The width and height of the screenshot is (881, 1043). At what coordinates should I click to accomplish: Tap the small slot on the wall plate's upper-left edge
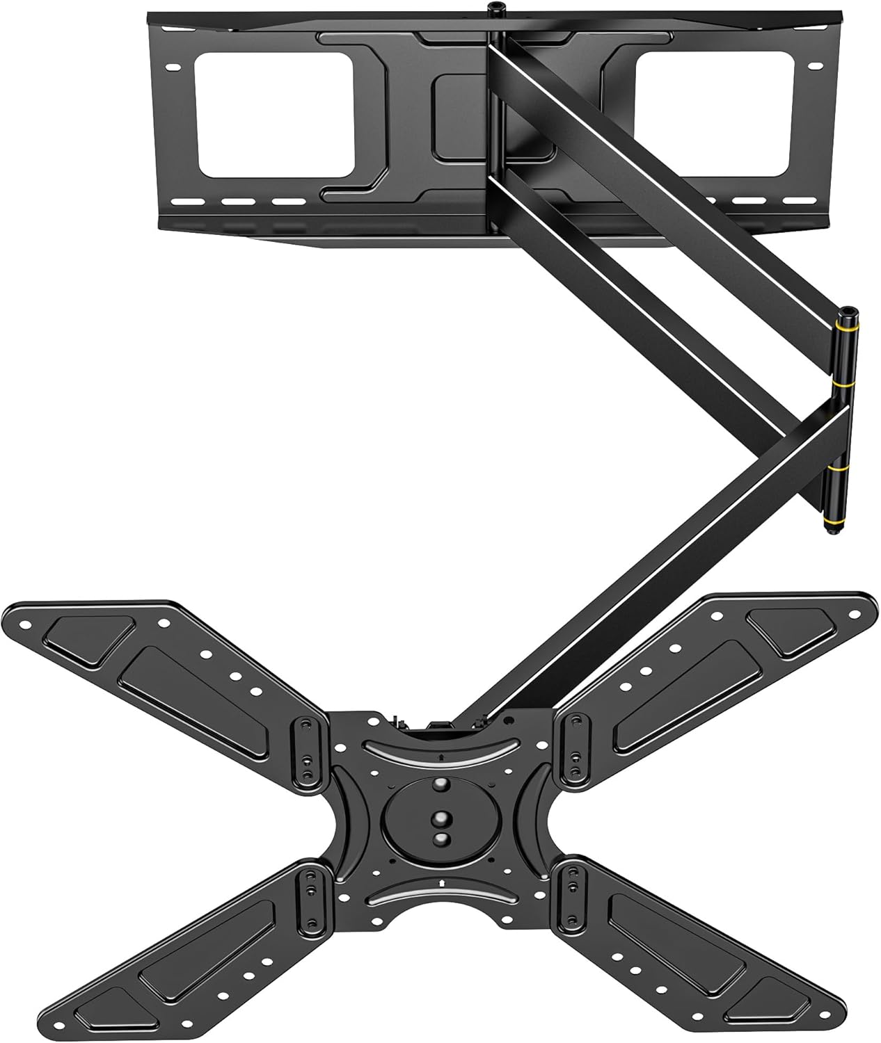tap(172, 67)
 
